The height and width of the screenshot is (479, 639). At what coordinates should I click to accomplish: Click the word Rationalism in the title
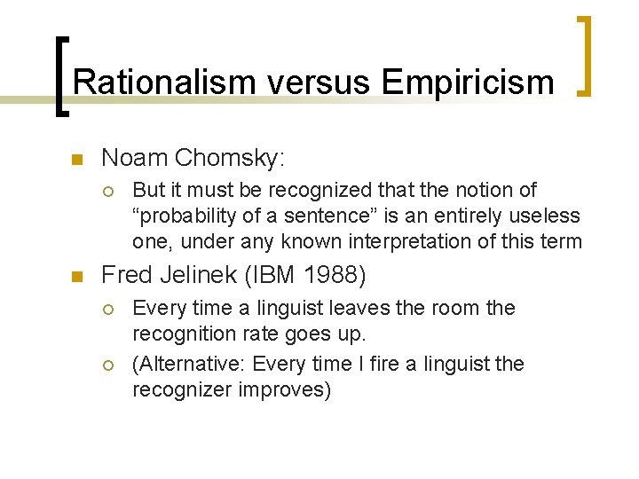[x=150, y=82]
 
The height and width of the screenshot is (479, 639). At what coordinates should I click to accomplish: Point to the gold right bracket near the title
[x=585, y=55]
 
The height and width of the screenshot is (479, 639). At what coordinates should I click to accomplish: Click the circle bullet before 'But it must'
[x=109, y=191]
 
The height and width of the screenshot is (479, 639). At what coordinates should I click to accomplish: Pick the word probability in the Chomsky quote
[x=187, y=216]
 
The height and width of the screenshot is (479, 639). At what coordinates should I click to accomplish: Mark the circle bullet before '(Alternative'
[x=109, y=365]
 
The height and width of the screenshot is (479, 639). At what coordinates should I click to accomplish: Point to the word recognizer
[x=180, y=389]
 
